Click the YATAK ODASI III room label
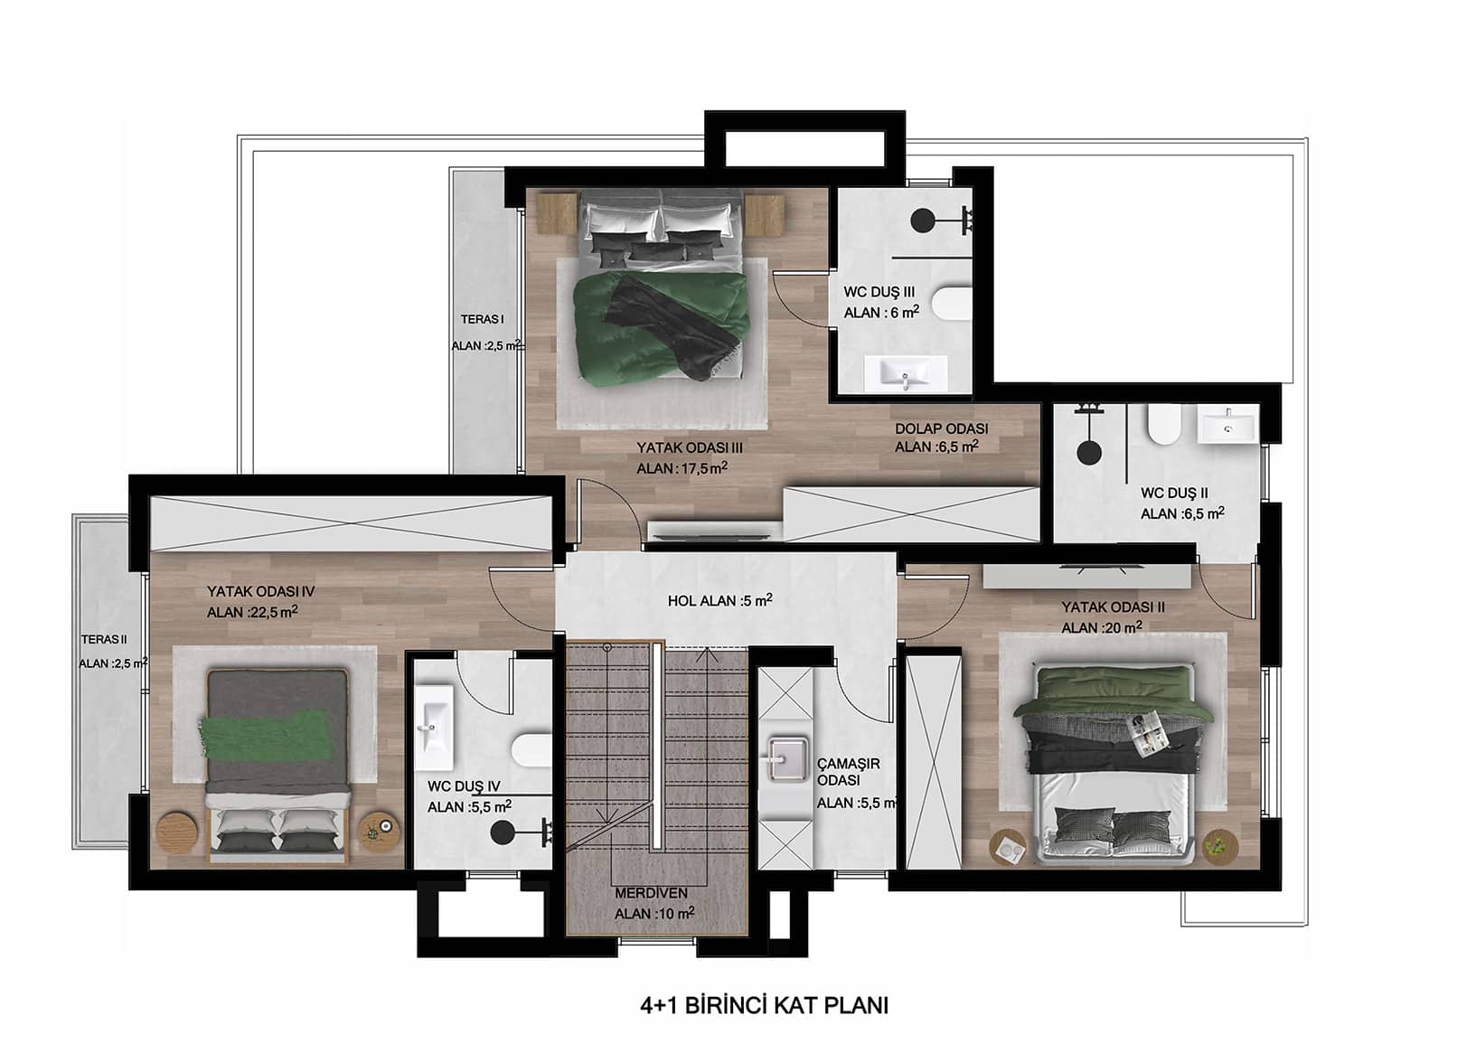pyautogui.click(x=690, y=447)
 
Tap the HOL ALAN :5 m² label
pyautogui.click(x=719, y=600)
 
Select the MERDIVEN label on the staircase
pyautogui.click(x=651, y=893)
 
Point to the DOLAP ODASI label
pyautogui.click(x=941, y=428)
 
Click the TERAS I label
pyautogui.click(x=482, y=320)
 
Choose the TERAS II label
pyautogui.click(x=104, y=639)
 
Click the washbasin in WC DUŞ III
pyautogui.click(x=906, y=373)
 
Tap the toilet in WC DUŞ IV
pyautogui.click(x=532, y=751)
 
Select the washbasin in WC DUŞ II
pyautogui.click(x=1227, y=425)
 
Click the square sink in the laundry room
pyautogui.click(x=787, y=759)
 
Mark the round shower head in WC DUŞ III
pyautogui.click(x=923, y=221)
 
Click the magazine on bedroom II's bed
pyautogui.click(x=1149, y=730)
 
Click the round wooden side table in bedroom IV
pyautogui.click(x=177, y=834)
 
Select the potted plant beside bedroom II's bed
pyautogui.click(x=1220, y=846)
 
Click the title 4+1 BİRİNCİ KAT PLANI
pyautogui.click(x=764, y=1006)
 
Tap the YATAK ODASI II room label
pyautogui.click(x=1113, y=607)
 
